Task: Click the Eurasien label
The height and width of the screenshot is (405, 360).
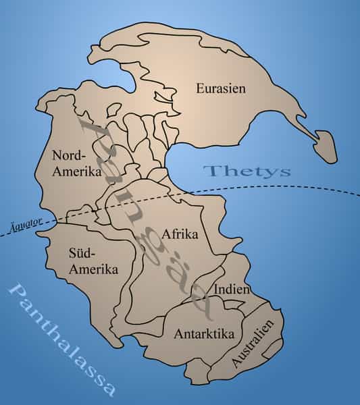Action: tap(220, 88)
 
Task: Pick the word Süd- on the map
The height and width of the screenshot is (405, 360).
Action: tap(83, 253)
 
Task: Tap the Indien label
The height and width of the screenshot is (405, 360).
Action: tap(232, 290)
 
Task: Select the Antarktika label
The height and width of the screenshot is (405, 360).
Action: tap(204, 333)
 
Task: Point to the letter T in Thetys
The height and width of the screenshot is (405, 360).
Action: tap(210, 170)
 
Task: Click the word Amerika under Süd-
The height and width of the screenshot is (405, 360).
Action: tap(93, 269)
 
